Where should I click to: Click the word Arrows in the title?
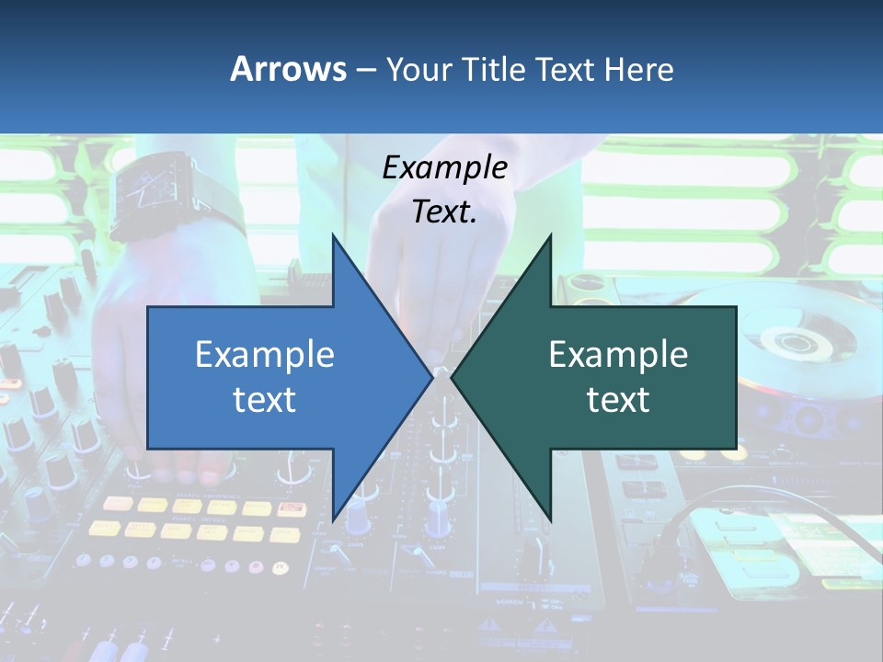[288, 69]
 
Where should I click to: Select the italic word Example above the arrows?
[444, 167]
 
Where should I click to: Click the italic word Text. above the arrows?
[444, 211]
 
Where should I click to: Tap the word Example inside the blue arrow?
[265, 354]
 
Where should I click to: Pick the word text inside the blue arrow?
[265, 399]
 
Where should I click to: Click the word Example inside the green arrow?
[618, 354]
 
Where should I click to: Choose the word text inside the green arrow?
[618, 399]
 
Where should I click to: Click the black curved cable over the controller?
[699, 515]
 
